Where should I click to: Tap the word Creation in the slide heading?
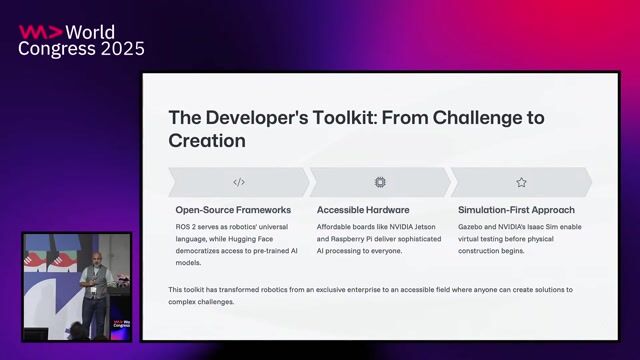coord(207,141)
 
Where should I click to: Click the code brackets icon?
coord(238,182)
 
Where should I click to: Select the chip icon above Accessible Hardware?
coord(379,182)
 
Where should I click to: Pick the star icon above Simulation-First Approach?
coord(521,182)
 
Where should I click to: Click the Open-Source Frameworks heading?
coord(233,210)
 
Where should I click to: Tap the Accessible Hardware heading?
coord(363,210)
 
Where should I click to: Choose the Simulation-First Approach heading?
coord(516,210)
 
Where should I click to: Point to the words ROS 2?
coord(188,227)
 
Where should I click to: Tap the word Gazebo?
coord(474,227)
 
